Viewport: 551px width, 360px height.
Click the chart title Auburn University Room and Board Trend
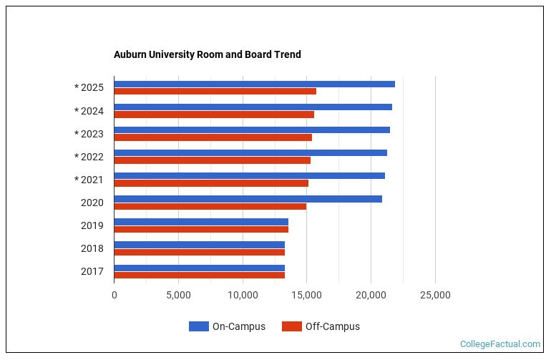pos(207,54)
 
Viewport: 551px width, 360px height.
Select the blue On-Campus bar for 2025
pos(254,84)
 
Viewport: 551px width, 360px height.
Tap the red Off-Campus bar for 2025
pos(215,91)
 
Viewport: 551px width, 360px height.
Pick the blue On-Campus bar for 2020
pos(248,198)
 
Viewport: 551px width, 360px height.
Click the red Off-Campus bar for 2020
pos(210,206)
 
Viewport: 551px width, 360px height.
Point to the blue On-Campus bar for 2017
pos(199,268)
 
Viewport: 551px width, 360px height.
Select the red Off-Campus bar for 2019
pos(201,229)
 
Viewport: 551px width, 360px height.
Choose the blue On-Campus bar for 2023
pos(252,130)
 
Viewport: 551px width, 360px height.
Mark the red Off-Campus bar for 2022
pos(212,160)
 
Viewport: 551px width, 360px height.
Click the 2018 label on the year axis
pos(92,248)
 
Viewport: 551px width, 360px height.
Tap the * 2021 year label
pos(89,180)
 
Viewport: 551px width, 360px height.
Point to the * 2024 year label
pos(89,111)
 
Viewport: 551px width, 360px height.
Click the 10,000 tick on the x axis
pos(243,295)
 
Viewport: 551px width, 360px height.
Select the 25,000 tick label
pos(435,295)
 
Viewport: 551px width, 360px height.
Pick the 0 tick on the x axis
pos(114,295)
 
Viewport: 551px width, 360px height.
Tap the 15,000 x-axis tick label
pos(307,295)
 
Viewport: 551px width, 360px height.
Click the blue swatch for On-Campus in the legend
pos(198,326)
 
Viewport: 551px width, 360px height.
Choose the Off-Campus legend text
pos(332,326)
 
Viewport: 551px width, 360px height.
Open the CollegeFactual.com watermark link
pos(500,344)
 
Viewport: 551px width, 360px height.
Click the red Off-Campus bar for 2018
pos(199,252)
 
